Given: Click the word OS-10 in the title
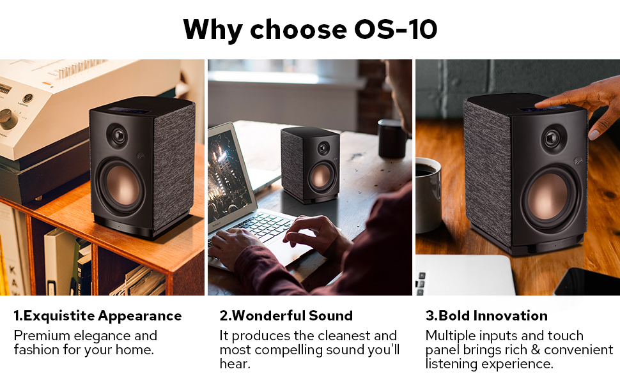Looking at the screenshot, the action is (x=396, y=29).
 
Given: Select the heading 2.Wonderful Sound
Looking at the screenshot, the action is (x=286, y=316).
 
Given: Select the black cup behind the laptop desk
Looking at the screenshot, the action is (x=392, y=139).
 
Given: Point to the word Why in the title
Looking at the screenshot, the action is (x=213, y=30).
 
